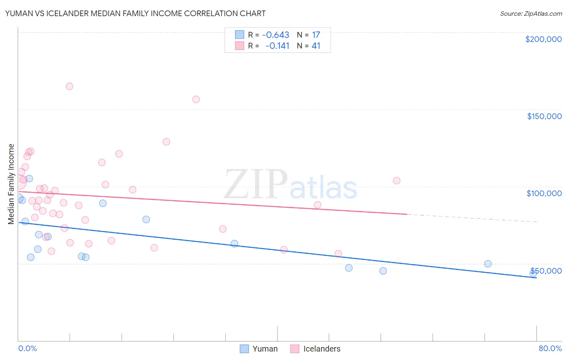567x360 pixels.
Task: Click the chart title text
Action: coord(135,13)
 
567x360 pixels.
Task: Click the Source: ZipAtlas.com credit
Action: coord(531,14)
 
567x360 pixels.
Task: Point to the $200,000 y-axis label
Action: coord(543,39)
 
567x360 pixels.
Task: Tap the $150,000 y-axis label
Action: coord(544,116)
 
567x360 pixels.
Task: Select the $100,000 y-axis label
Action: coord(544,193)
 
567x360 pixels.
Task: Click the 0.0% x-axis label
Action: coord(27,348)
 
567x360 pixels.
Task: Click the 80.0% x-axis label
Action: coord(550,348)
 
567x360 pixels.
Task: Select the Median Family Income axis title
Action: coord(11,184)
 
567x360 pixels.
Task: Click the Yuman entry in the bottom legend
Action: coord(265,349)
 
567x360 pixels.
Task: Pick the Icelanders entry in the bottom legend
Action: coord(321,349)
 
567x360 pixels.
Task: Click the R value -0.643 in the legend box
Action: coord(275,35)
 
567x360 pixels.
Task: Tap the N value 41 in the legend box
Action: coord(316,46)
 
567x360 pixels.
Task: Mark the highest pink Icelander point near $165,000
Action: coord(69,86)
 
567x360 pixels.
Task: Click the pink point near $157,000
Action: coord(196,99)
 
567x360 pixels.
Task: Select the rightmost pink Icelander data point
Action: coord(396,180)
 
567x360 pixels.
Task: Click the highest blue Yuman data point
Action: coord(29,178)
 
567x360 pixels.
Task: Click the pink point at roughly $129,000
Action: coord(166,142)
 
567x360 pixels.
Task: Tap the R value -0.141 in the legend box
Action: coord(277,46)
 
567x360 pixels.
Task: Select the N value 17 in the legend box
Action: coord(316,35)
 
